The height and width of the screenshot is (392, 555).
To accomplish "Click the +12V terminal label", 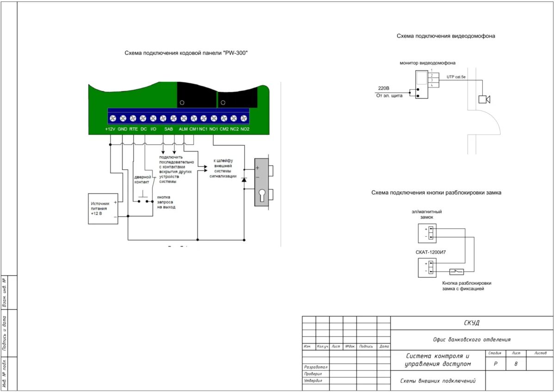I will (110, 129).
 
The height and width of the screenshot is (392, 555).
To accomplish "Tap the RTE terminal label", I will (133, 129).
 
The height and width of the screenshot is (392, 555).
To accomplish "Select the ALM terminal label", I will (183, 129).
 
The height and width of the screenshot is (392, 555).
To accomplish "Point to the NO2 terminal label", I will (245, 129).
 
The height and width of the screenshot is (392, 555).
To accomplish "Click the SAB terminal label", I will (168, 129).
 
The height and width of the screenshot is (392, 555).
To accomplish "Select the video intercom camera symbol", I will (484, 99).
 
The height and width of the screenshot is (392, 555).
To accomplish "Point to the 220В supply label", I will (384, 88).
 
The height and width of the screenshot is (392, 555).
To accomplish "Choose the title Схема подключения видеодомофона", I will (446, 36).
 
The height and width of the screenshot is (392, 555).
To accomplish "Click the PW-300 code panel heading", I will (186, 53).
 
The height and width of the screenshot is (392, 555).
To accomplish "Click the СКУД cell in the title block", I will (472, 323).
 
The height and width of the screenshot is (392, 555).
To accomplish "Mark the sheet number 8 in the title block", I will (516, 364).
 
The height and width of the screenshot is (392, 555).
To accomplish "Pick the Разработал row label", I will (316, 367).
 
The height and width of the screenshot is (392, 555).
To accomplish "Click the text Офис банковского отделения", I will (472, 339).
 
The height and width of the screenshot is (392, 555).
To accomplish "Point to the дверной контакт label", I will (142, 179).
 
